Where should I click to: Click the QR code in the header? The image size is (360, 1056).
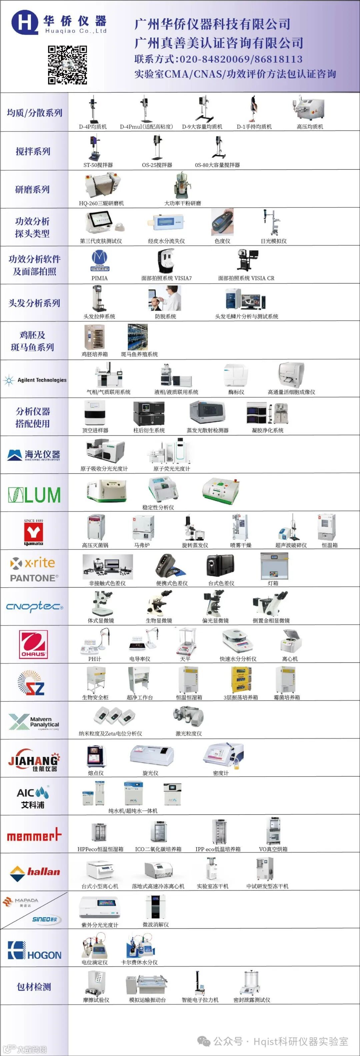click(x=67, y=65)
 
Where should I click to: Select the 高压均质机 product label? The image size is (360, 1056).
click(x=310, y=127)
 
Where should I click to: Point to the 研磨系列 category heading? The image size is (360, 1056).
click(x=32, y=189)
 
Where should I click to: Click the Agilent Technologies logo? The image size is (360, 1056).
click(x=35, y=380)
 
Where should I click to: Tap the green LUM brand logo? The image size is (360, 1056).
click(x=34, y=495)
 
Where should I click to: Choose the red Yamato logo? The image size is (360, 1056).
click(x=33, y=532)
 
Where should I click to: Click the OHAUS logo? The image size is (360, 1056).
click(x=34, y=645)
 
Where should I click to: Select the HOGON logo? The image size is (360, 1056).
click(x=34, y=950)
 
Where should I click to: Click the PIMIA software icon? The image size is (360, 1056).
click(x=99, y=261)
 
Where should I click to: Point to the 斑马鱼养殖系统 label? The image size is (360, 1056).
click(x=139, y=354)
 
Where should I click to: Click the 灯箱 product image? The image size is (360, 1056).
click(x=273, y=566)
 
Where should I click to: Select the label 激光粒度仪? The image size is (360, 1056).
click(x=189, y=733)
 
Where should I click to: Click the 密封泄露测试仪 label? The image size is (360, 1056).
click(x=252, y=1000)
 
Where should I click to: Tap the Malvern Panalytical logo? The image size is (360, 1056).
click(x=34, y=722)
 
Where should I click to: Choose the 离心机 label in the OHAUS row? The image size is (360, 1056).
click(x=290, y=659)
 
